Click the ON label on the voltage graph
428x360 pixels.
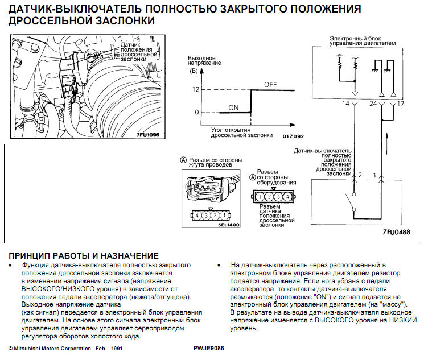[233, 107]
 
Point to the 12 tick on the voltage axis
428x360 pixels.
[196, 90]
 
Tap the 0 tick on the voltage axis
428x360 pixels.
[196, 112]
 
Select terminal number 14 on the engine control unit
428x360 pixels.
[346, 104]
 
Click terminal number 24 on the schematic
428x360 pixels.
[373, 104]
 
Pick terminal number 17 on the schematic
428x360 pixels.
[401, 104]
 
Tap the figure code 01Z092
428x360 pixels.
[293, 136]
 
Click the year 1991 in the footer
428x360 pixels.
[116, 348]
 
